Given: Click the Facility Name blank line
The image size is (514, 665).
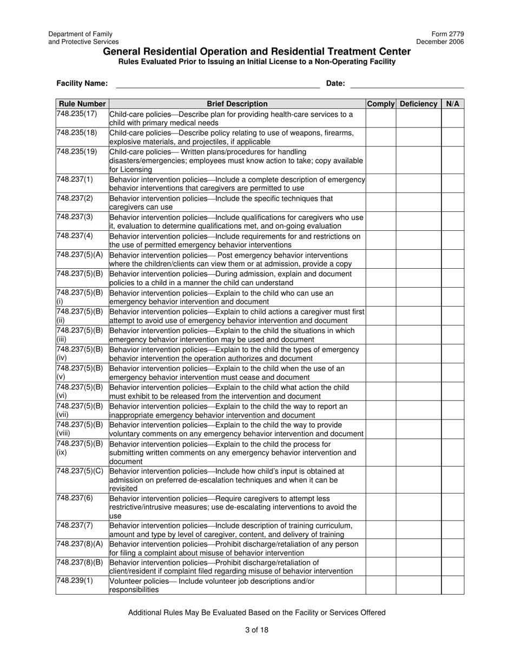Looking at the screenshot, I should pyautogui.click(x=218, y=84).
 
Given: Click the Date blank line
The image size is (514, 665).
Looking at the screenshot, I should pyautogui.click(x=407, y=84).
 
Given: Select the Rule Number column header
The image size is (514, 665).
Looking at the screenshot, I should pyautogui.click(x=82, y=104).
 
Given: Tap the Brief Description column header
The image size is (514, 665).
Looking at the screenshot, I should pyautogui.click(x=237, y=104).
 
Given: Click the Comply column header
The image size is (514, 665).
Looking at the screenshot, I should pyautogui.click(x=381, y=104).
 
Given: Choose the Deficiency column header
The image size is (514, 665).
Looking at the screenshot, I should pyautogui.click(x=418, y=104).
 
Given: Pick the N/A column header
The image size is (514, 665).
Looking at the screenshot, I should pyautogui.click(x=452, y=104).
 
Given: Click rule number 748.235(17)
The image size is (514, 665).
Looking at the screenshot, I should pyautogui.click(x=77, y=114).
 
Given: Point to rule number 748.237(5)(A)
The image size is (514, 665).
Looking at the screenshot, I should pyautogui.click(x=80, y=255).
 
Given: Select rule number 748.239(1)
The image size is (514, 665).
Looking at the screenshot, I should pyautogui.click(x=75, y=581).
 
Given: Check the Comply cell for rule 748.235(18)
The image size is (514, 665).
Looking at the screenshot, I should pyautogui.click(x=381, y=137).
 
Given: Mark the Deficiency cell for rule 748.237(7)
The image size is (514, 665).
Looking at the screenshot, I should pyautogui.click(x=418, y=530).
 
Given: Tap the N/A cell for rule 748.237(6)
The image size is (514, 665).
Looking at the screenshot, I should pyautogui.click(x=452, y=507).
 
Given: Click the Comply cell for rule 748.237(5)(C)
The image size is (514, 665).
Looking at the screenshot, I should pyautogui.click(x=381, y=480).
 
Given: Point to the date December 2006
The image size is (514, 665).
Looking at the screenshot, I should pyautogui.click(x=440, y=42).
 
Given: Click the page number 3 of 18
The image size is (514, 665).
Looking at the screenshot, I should pyautogui.click(x=256, y=629).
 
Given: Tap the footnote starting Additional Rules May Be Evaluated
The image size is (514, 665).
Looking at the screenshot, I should pyautogui.click(x=256, y=613).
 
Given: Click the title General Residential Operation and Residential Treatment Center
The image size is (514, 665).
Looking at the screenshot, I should pyautogui.click(x=256, y=52).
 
